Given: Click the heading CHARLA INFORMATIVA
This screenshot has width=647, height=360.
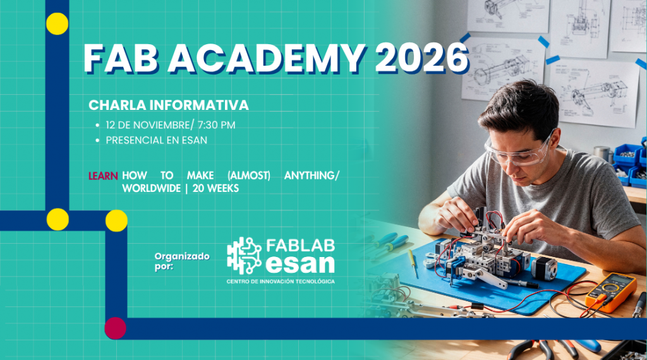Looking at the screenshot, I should tap(169, 105).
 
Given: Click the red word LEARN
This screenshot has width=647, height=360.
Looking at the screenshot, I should tap(103, 176).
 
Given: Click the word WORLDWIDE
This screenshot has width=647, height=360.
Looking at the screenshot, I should tap(150, 188).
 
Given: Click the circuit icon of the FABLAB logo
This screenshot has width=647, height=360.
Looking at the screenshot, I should tap(244, 254).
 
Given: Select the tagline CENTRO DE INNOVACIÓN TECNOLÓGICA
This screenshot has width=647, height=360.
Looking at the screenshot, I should tap(281, 281).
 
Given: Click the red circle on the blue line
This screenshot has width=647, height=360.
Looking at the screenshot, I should tap(115, 328).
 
